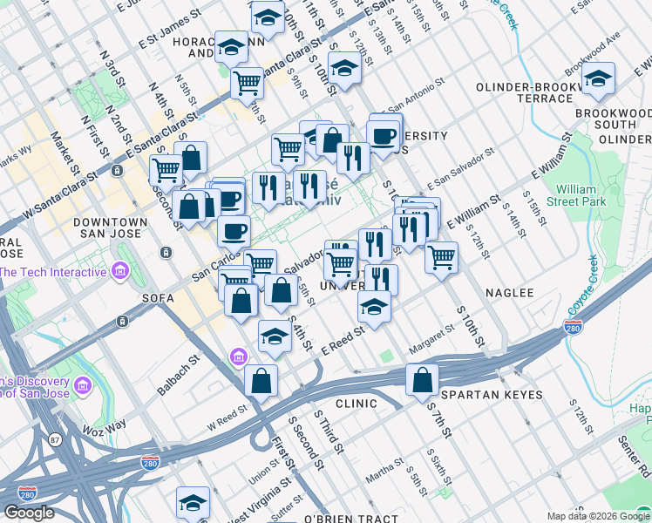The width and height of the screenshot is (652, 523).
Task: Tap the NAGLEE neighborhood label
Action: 509,293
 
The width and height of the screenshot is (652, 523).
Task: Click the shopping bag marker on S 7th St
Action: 422,380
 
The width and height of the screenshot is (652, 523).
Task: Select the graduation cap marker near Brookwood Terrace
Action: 598,78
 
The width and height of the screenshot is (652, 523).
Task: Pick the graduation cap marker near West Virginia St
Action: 193,502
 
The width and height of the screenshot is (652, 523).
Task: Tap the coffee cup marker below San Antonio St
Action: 383,136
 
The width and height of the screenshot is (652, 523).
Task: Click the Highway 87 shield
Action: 56,440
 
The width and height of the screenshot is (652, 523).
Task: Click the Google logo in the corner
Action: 30,513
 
